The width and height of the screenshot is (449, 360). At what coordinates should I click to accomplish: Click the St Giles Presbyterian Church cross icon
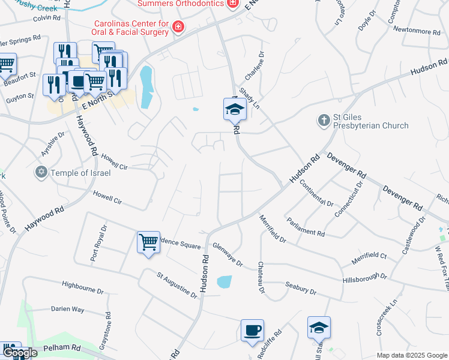[x=324, y=121]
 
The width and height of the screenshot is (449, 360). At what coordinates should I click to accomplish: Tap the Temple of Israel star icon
[x=41, y=173]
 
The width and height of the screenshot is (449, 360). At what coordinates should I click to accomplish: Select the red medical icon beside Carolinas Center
[x=177, y=27]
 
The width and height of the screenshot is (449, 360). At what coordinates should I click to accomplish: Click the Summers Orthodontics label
[x=181, y=4]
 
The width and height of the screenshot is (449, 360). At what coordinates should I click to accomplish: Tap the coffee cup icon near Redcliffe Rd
[x=252, y=329]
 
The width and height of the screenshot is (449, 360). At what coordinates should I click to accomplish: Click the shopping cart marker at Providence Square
[x=148, y=242]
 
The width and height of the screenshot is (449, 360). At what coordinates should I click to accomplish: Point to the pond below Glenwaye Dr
[x=223, y=281]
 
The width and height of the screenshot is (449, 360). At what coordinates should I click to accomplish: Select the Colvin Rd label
[x=47, y=18]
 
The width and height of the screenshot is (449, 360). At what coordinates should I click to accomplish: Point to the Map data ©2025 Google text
[x=411, y=355]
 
